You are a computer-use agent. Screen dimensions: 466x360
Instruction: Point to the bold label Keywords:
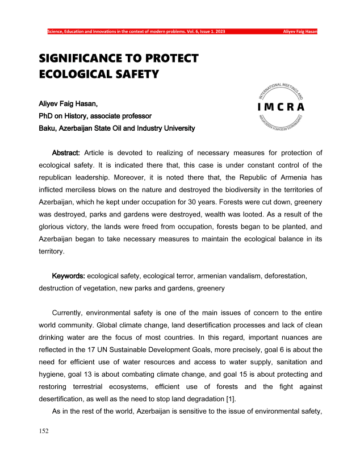pyautogui.click(x=68, y=276)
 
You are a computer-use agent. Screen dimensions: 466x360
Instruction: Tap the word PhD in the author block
pyautogui.click(x=47, y=118)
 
